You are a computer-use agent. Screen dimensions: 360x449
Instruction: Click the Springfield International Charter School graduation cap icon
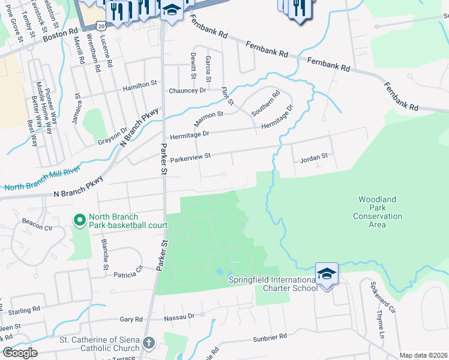click(327, 274)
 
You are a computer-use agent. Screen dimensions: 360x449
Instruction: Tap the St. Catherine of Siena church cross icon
click(148, 344)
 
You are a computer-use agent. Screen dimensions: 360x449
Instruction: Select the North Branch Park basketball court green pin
click(79, 221)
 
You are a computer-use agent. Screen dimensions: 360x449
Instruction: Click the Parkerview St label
click(191, 157)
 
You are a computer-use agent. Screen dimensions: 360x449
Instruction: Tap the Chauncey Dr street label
click(187, 90)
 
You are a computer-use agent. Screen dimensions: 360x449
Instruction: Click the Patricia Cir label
click(129, 273)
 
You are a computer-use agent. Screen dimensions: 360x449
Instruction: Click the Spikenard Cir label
click(384, 298)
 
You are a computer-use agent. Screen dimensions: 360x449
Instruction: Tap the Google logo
click(19, 353)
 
